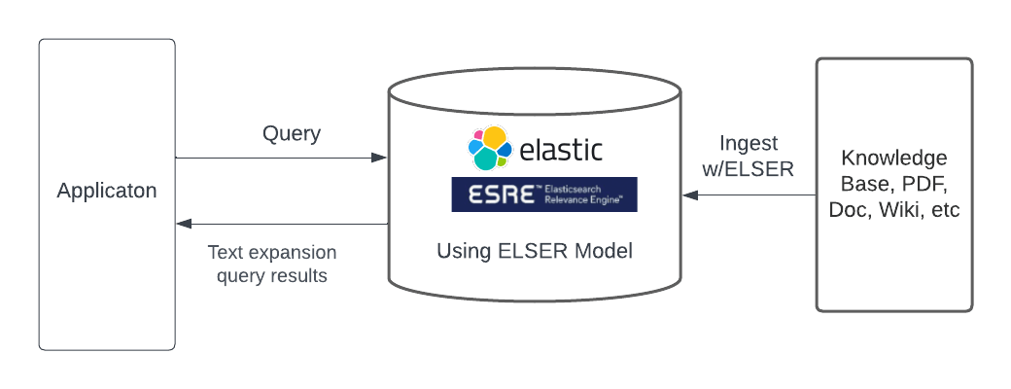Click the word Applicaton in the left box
point(107,191)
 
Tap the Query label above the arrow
point(292,134)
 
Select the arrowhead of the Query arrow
point(381,158)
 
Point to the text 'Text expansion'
point(272,253)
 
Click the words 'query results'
point(272,276)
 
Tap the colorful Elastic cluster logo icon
point(489,149)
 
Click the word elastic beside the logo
point(561,150)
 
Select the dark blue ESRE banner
point(543,194)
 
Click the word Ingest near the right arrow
point(749,144)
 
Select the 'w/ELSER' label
point(750,168)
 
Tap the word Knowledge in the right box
point(894,159)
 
